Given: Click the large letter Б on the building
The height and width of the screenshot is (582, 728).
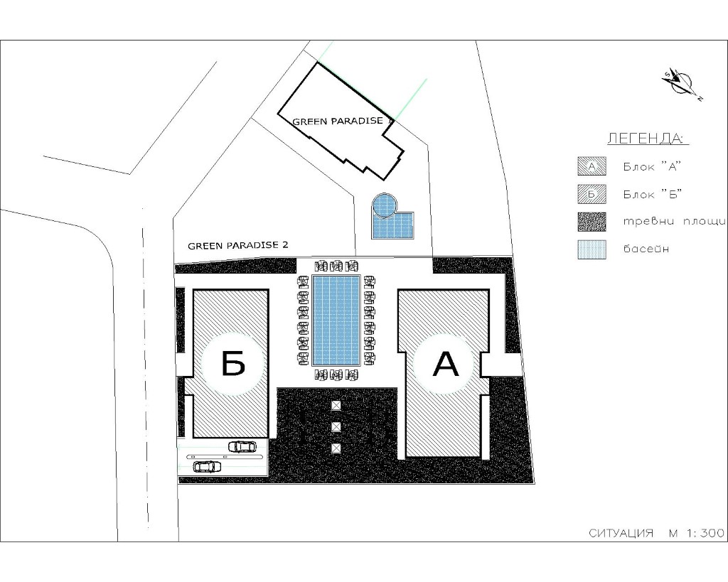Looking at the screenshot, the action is pos(233,363).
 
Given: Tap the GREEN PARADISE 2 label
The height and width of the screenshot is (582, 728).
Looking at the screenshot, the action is pos(237,245).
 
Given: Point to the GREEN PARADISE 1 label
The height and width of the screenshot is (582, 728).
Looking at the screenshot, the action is pos(343,121).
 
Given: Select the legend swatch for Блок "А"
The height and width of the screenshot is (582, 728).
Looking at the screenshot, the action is pos(591,166).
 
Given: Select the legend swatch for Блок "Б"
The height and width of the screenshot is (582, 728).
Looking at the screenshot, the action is pos(591,194).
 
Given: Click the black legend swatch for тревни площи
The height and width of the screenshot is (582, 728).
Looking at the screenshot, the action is pos(591,222).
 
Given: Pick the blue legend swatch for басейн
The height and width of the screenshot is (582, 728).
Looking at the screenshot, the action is pos(591,249).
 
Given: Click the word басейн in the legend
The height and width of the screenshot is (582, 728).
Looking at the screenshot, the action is pos(646,249).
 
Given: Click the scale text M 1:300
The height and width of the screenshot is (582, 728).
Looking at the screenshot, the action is pos(697,533).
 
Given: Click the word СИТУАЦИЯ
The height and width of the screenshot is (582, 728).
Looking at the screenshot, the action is pos(621,533).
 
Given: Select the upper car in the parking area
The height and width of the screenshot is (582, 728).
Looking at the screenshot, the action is pos(242,446).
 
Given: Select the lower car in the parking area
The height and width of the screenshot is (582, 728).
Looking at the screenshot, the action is pos(207,466).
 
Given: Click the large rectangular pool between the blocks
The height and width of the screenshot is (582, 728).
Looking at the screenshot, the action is pos(336,320).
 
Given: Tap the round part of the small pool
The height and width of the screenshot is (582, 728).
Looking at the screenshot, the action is pos(385,205).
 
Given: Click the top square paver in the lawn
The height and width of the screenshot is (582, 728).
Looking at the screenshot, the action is pos(336,406).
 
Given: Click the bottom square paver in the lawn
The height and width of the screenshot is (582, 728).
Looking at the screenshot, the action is pos(336,448).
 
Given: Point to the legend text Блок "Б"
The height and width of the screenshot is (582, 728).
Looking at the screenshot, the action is pos(652,194).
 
